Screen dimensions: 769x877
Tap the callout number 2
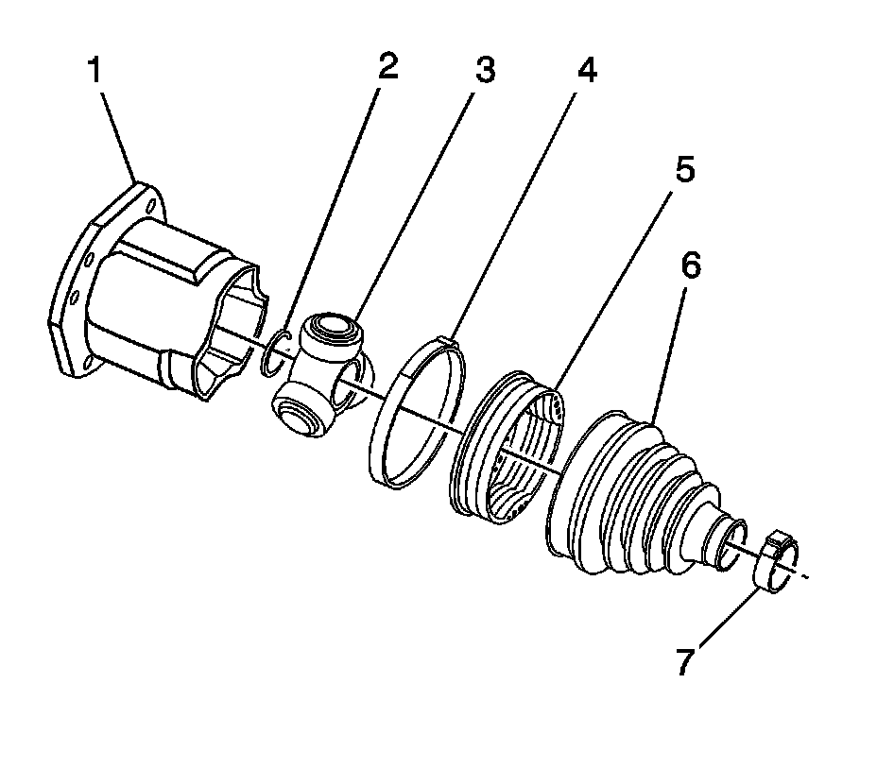387,67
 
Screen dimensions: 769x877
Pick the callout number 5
683,172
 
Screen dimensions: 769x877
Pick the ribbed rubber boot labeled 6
633,491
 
